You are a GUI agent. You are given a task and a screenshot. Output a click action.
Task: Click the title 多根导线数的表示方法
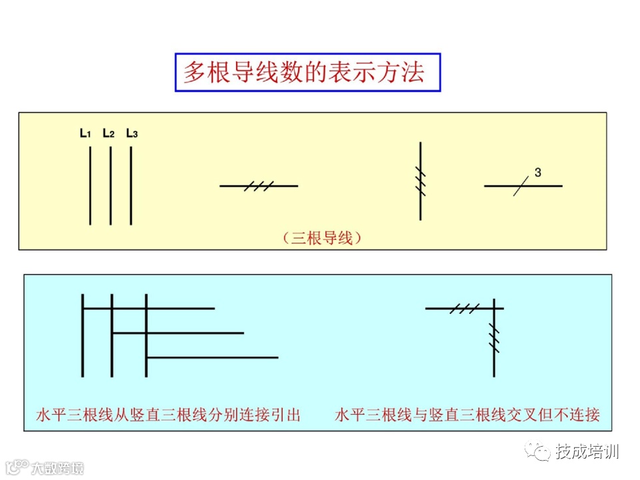click(307, 72)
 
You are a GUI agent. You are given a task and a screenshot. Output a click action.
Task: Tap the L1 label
click(85, 133)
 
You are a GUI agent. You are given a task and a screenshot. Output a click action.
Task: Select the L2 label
click(109, 133)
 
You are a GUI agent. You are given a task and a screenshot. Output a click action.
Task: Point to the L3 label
click(132, 133)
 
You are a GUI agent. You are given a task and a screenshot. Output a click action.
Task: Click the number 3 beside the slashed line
click(537, 173)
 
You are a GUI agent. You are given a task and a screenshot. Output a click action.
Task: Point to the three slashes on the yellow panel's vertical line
click(420, 180)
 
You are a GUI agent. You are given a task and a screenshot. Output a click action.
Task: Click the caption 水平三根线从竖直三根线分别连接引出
click(168, 415)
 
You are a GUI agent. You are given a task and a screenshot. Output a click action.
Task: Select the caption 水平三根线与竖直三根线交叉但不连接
click(467, 415)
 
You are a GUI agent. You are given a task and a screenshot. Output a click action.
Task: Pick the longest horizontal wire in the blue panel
click(211, 358)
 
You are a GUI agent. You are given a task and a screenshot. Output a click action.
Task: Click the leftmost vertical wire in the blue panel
click(83, 335)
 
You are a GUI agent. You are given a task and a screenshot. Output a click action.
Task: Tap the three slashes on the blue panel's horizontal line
click(464, 309)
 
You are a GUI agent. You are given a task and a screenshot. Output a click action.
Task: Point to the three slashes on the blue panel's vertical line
click(494, 337)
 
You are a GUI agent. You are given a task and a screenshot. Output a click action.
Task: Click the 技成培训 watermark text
click(587, 452)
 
